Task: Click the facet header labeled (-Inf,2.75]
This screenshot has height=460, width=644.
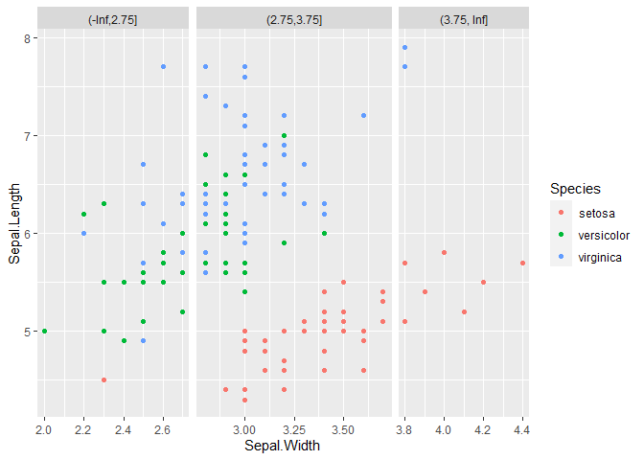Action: [113, 19]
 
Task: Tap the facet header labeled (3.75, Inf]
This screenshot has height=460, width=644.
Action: [464, 19]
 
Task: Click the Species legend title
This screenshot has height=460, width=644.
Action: [575, 189]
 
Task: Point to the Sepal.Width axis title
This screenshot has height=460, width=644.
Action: [282, 446]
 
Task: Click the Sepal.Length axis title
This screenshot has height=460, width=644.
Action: [14, 223]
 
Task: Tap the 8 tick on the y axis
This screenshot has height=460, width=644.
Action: [27, 38]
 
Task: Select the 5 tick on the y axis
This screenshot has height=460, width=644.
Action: [27, 332]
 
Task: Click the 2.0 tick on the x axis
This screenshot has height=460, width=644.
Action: [43, 430]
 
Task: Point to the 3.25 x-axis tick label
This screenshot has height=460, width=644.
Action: [294, 430]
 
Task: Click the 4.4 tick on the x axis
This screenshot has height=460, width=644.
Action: [521, 430]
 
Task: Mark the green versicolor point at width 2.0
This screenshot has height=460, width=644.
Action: [45, 331]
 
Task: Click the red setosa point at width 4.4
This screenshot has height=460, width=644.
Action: [522, 263]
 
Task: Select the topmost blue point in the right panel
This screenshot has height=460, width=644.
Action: [405, 48]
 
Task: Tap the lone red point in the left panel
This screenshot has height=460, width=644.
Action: [103, 379]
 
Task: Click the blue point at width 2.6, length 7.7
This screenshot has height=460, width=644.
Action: [163, 66]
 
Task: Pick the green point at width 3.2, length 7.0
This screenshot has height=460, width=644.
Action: [285, 135]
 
